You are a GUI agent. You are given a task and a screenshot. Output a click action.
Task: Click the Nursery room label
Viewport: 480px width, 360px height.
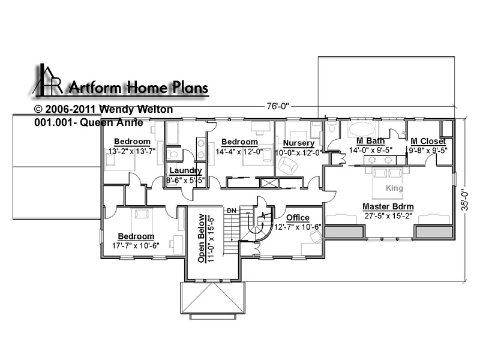298,143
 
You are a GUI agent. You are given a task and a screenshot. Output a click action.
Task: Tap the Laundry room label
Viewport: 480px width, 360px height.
185,171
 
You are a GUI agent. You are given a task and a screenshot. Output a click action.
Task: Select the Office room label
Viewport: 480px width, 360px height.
298,218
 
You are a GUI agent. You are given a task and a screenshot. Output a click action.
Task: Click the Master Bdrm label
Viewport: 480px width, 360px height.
388,206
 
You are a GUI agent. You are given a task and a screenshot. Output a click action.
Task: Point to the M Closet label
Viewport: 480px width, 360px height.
428,141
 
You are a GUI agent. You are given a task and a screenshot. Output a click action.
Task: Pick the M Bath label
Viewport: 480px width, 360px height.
370,141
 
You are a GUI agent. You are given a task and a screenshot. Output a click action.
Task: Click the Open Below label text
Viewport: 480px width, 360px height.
201,238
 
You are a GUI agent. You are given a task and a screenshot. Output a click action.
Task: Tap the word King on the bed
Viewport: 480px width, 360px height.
394,188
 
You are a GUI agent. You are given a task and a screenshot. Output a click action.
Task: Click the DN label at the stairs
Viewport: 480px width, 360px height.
232,211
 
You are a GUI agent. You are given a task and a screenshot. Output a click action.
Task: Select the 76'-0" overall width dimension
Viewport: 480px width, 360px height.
278,106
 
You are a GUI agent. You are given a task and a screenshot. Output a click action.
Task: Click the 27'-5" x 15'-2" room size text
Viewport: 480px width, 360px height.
388,216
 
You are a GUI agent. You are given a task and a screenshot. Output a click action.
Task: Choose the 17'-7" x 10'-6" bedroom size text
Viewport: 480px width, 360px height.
136,245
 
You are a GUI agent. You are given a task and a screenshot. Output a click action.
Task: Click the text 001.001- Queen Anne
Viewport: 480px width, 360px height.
89,122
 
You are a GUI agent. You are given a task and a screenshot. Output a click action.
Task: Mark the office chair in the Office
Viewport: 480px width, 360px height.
316,236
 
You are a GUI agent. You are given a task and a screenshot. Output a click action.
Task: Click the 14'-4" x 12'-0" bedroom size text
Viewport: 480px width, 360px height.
239,152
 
